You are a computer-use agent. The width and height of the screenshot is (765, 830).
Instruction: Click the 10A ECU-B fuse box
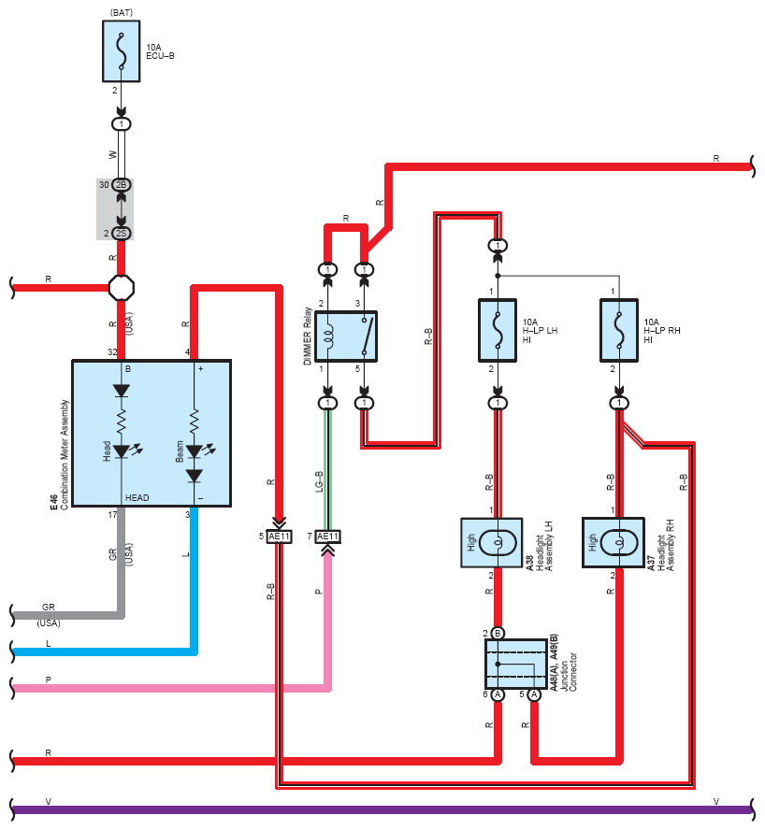pos(122,51)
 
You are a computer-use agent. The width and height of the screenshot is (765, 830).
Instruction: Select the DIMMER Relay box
pos(346,336)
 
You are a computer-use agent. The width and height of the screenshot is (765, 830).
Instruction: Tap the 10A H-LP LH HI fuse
pos(498,330)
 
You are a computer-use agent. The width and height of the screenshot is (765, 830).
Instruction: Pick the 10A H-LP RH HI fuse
pos(619,330)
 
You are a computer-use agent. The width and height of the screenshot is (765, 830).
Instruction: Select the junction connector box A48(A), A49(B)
pos(516,664)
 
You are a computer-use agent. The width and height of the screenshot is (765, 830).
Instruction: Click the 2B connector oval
pos(122,185)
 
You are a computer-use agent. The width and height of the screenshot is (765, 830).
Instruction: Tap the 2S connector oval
pos(122,234)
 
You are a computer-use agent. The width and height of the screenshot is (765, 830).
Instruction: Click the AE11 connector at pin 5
pos(280,537)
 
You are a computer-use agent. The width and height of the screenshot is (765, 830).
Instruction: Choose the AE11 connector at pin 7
pos(327,537)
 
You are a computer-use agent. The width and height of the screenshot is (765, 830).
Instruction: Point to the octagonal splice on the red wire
pos(122,288)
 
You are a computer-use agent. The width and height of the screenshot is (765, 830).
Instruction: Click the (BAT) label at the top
pos(122,12)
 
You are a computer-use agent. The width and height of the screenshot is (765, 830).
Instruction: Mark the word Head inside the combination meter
pos(107,451)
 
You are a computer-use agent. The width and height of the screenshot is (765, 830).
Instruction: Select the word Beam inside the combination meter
pos(180,451)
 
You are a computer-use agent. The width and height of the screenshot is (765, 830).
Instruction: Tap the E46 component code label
pos(53,502)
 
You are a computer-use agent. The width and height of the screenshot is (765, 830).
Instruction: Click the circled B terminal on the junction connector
pos(498,633)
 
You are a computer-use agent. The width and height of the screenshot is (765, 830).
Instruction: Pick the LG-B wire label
pos(319,481)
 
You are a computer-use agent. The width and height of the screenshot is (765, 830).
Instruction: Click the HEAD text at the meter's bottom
pos(137,497)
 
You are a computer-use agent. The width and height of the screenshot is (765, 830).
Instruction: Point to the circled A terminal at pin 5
pos(535,694)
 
